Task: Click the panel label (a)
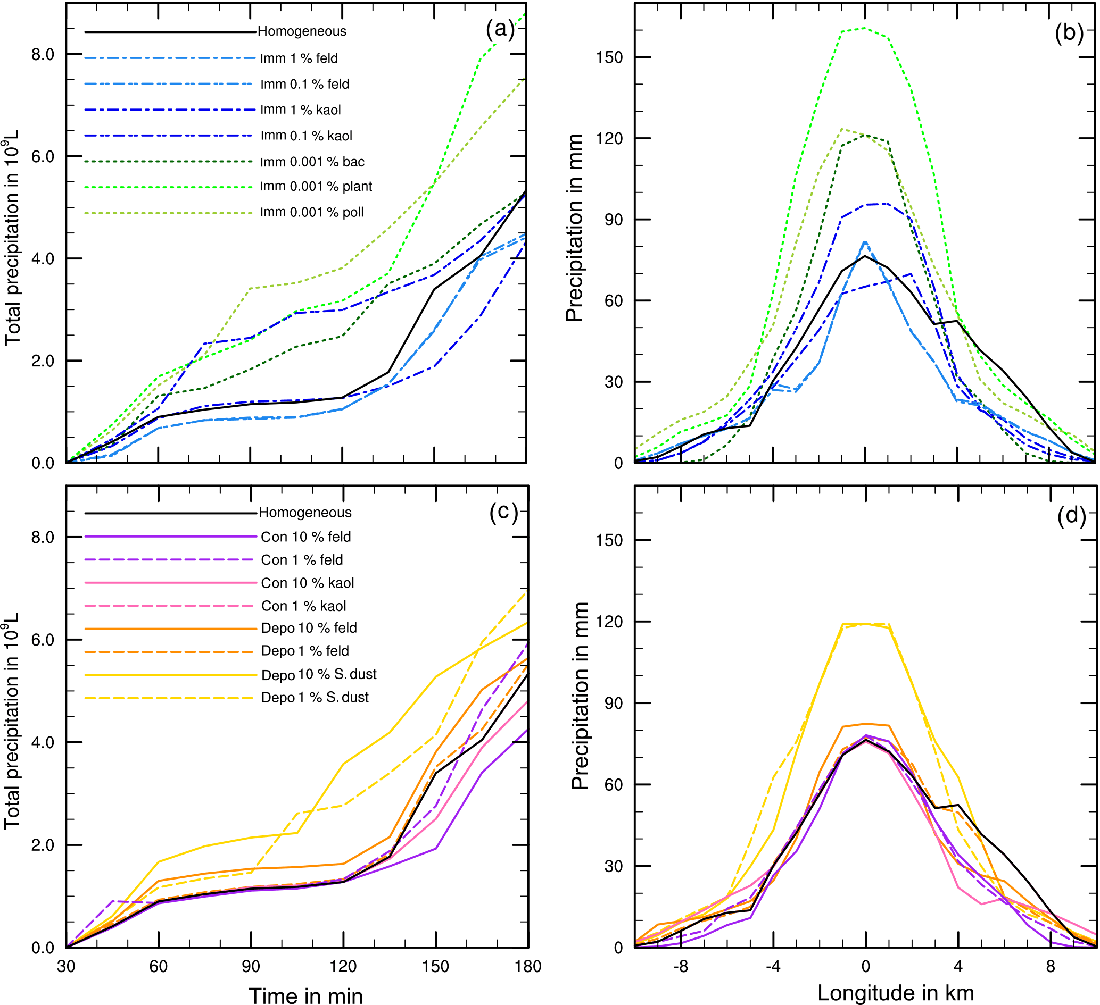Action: tap(500, 29)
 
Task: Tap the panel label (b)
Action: tap(1069, 33)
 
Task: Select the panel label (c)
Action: tap(503, 512)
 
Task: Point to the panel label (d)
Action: tap(1071, 515)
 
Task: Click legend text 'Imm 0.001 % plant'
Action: tap(316, 187)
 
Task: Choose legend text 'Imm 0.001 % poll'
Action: tap(311, 212)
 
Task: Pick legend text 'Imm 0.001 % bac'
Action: tap(312, 162)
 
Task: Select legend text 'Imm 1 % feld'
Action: tap(299, 58)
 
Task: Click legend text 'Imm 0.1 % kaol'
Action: tap(306, 136)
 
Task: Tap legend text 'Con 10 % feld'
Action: tap(305, 537)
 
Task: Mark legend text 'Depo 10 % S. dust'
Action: tap(319, 675)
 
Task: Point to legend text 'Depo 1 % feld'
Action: tap(305, 651)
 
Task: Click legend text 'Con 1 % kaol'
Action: tap(303, 606)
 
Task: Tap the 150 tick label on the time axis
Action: tap(435, 966)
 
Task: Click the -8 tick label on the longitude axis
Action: tap(680, 966)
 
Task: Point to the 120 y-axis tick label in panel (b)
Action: tap(610, 138)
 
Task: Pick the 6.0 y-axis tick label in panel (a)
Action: tap(43, 157)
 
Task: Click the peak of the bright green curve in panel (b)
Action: tap(865, 28)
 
